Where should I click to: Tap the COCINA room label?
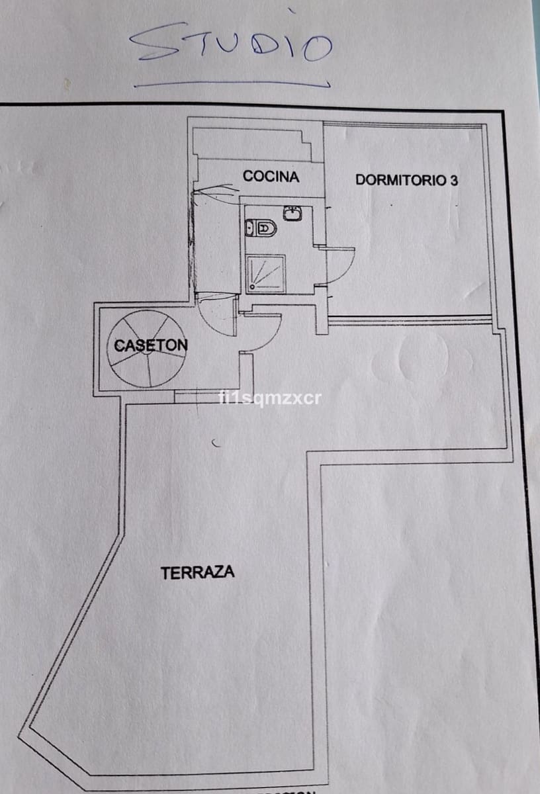[x=271, y=177]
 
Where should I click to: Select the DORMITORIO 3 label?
[x=406, y=179]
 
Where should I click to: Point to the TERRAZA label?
[x=197, y=572]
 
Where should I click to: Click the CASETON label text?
[x=150, y=345]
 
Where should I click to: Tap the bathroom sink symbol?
[x=292, y=212]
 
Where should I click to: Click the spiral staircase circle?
[x=146, y=349]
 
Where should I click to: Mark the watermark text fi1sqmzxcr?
[x=269, y=398]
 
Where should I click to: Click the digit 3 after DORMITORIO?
[x=453, y=180]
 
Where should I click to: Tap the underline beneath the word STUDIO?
[x=232, y=84]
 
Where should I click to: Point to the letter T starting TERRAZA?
[x=165, y=573]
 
